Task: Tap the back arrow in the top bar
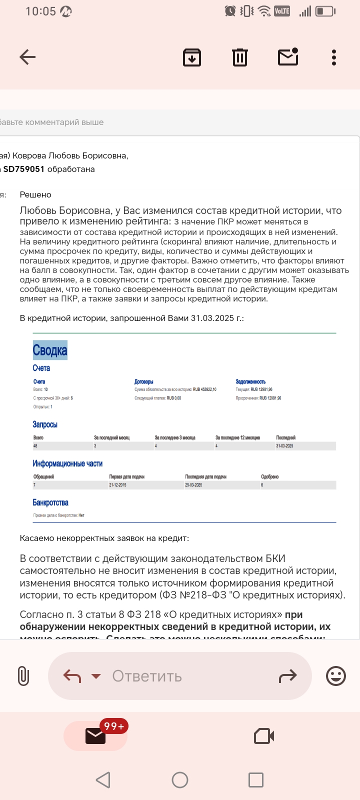click(x=27, y=57)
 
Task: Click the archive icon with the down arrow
click(x=192, y=57)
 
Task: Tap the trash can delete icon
click(x=240, y=57)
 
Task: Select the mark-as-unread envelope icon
click(x=288, y=57)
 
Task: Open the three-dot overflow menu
click(x=334, y=57)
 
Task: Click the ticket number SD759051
click(x=24, y=169)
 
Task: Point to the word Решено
click(x=35, y=194)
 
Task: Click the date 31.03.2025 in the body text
click(x=212, y=318)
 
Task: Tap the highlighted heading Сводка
click(x=50, y=350)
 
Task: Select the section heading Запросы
click(x=45, y=424)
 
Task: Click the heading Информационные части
click(x=67, y=463)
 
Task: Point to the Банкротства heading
click(x=50, y=502)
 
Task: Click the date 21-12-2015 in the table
click(x=118, y=485)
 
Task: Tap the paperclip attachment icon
click(x=23, y=676)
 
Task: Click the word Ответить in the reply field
click(x=147, y=676)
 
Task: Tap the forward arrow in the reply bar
click(x=287, y=676)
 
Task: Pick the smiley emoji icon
click(x=336, y=676)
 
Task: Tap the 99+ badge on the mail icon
click(x=114, y=726)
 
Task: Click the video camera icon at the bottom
click(x=264, y=736)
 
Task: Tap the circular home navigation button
click(x=180, y=780)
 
